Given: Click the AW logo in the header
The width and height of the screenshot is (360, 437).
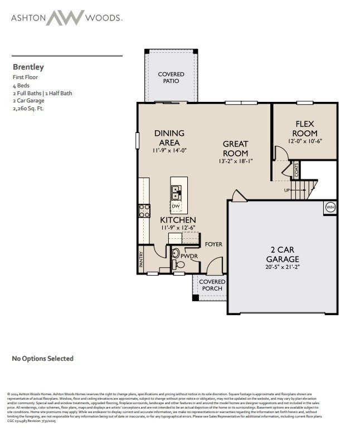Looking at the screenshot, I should pyautogui.click(x=65, y=17).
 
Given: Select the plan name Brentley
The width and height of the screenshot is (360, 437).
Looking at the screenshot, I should pyautogui.click(x=28, y=67).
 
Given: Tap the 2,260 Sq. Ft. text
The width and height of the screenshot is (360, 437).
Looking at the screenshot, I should pyautogui.click(x=28, y=109).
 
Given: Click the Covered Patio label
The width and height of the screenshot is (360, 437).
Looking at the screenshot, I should pyautogui.click(x=171, y=77).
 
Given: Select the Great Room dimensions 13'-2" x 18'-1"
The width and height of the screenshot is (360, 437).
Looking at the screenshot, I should pyautogui.click(x=235, y=161).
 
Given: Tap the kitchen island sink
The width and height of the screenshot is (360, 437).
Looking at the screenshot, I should pyautogui.click(x=176, y=193).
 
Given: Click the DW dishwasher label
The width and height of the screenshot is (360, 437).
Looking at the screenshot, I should pyautogui.click(x=176, y=207).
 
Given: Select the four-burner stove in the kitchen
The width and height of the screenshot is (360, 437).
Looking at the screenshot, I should pyautogui.click(x=144, y=210).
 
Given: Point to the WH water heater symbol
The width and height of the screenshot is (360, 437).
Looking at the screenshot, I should pyautogui.click(x=329, y=208).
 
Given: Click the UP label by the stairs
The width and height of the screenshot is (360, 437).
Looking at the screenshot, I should pyautogui.click(x=287, y=190).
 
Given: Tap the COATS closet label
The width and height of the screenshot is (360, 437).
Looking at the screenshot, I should pyautogui.click(x=296, y=169).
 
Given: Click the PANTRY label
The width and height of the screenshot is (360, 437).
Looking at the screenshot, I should pyautogui.click(x=141, y=259).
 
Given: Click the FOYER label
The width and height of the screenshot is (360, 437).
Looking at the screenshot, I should pyautogui.click(x=213, y=244).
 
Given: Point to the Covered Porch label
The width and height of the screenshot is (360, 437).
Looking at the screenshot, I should pyautogui.click(x=212, y=285).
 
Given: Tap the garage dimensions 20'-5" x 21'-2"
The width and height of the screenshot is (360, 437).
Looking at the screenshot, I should pyautogui.click(x=282, y=267).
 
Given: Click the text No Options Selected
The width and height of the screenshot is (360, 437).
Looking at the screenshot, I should pyautogui.click(x=43, y=359).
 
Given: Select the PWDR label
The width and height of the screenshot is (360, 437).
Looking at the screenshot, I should pyautogui.click(x=188, y=256).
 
